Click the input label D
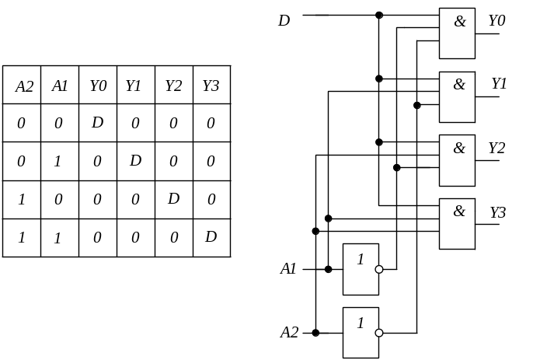(284, 20)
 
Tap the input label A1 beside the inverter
(288, 269)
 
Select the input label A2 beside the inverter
(288, 333)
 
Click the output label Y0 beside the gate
(496, 21)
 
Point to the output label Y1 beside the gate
(498, 83)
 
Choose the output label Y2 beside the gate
(496, 147)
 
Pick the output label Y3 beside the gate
(497, 211)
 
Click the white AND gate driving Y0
(457, 33)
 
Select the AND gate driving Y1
(457, 97)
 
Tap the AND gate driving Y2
(457, 161)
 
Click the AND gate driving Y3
(457, 225)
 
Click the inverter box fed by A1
(361, 269)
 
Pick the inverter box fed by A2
(361, 333)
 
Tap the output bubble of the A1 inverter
(379, 270)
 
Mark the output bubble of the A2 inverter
(379, 333)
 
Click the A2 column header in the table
(24, 86)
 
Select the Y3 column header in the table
(211, 86)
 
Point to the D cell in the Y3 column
(211, 236)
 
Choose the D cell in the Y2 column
(173, 198)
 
